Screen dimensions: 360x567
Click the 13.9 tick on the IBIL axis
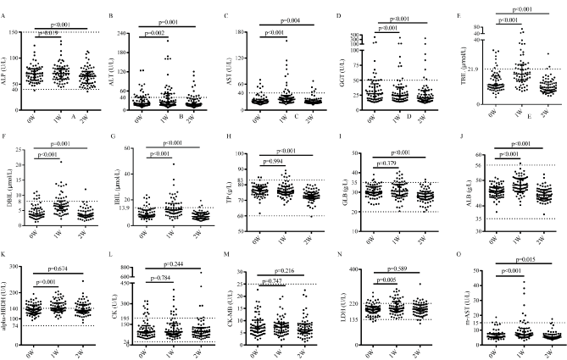(125, 208)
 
